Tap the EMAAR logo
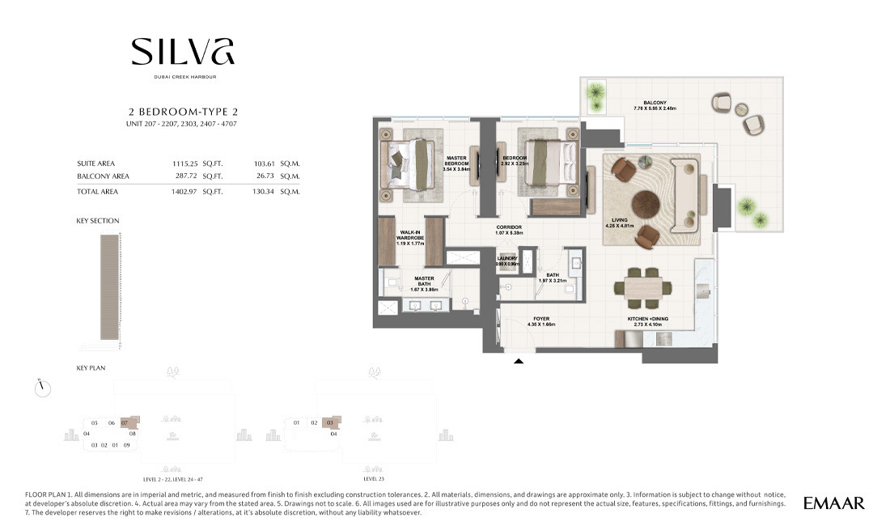tap(833, 503)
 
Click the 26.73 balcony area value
tap(265, 176)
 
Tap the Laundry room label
tap(507, 261)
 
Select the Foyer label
tap(541, 321)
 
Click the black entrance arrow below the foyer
tap(519, 362)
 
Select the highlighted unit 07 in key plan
tap(125, 422)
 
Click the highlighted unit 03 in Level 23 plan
tap(330, 422)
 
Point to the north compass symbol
tap(43, 388)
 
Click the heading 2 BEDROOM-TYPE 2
tap(183, 112)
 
